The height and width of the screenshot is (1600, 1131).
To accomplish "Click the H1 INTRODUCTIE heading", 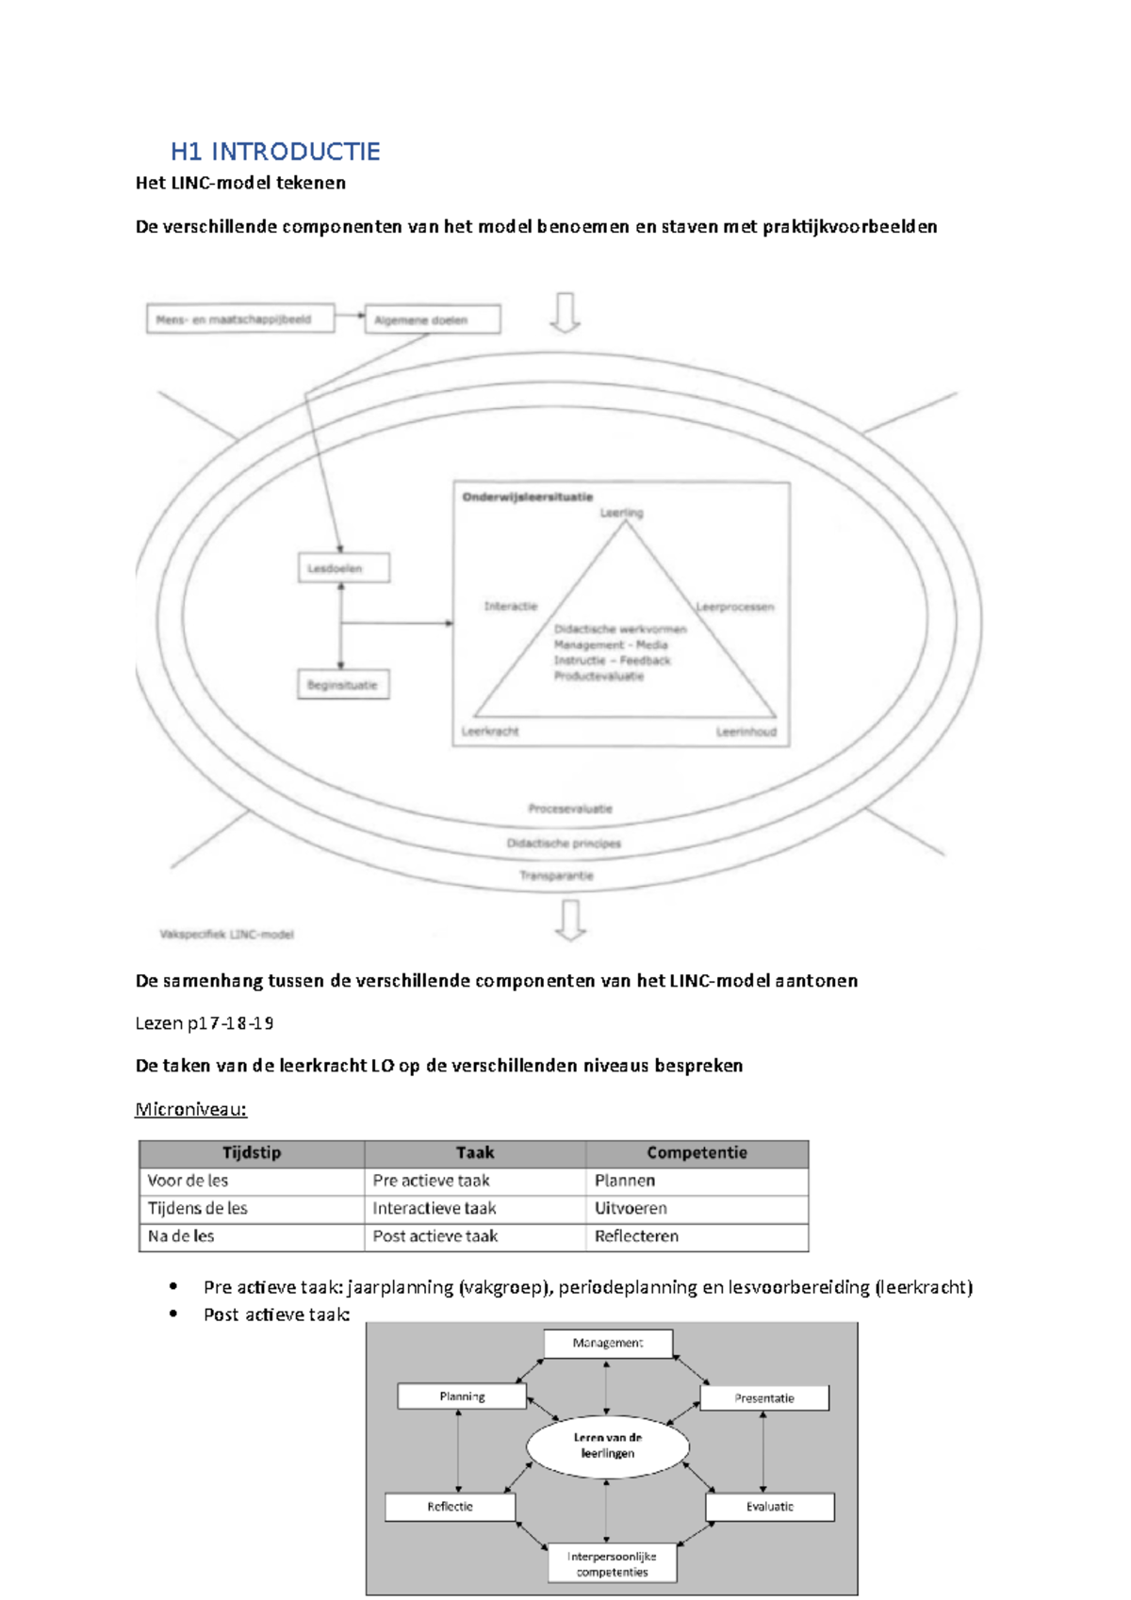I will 275,152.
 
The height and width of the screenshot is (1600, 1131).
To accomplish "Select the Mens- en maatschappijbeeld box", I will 240,319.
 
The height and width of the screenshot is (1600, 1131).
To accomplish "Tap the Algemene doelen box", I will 432,320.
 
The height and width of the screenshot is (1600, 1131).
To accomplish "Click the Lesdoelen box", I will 342,568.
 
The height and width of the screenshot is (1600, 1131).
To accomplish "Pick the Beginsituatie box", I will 342,685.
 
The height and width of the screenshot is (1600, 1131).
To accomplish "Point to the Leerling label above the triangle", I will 621,513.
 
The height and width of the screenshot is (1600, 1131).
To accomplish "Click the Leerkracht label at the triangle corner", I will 490,731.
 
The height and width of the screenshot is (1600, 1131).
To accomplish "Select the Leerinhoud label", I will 746,732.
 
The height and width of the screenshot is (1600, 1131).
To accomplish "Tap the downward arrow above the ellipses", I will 565,312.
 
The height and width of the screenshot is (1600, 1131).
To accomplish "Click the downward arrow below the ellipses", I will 570,920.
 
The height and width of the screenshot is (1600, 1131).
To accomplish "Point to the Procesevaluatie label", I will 570,808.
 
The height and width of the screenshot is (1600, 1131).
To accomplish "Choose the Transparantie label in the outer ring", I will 556,875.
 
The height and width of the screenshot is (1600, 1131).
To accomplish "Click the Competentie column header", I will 697,1152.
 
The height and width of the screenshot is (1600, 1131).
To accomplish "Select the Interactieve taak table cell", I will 434,1208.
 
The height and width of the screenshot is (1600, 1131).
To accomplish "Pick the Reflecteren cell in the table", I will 636,1235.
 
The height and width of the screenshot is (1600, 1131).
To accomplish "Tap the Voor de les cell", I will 188,1180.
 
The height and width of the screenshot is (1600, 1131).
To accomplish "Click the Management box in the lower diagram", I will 608,1343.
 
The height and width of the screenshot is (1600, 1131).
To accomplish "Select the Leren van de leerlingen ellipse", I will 608,1445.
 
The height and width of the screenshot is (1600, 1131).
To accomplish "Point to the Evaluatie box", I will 769,1506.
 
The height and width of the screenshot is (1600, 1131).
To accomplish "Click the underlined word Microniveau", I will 190,1109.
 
